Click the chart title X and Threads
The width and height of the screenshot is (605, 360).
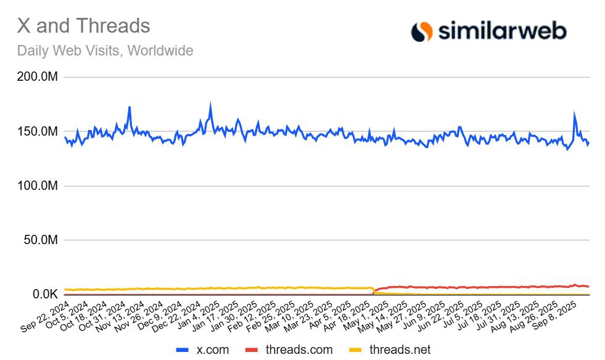click(83, 26)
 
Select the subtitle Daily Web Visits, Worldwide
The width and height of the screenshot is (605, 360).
click(105, 51)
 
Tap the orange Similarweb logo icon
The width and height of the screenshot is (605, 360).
click(422, 31)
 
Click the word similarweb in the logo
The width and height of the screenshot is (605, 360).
click(501, 31)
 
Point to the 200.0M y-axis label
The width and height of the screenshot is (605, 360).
click(38, 78)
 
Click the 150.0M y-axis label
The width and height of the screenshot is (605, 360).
click(38, 132)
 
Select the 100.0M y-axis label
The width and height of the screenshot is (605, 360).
click(38, 186)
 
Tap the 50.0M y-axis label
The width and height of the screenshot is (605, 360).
click(40, 240)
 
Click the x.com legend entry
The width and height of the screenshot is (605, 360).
click(203, 350)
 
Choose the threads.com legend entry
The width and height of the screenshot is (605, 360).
click(290, 350)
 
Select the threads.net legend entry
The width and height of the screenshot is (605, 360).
click(391, 350)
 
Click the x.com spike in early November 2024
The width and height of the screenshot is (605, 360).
click(129, 107)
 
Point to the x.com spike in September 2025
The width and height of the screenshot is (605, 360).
click(574, 114)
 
